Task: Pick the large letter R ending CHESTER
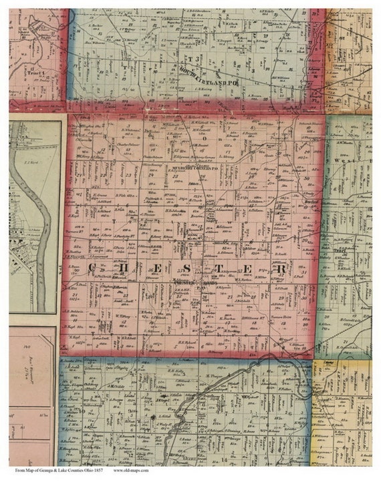coord(281,268)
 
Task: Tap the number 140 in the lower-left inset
coord(26,348)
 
